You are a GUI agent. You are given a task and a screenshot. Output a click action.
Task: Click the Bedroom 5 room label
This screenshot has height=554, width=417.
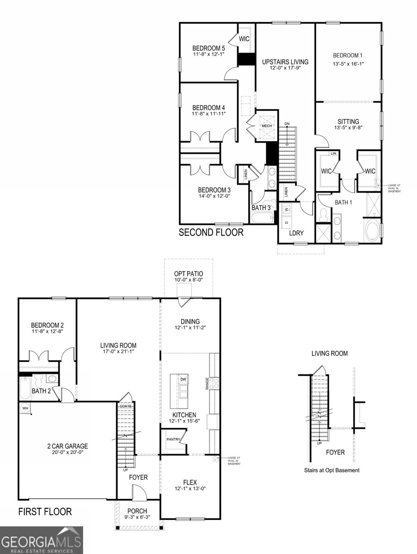coord(208,48)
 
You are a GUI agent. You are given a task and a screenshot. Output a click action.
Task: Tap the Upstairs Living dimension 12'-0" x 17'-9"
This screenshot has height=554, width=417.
coord(285,68)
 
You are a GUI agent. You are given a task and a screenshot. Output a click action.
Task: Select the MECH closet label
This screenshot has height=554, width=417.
coord(267,126)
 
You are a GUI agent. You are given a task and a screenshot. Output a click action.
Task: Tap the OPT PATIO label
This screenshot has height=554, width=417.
coord(188,274)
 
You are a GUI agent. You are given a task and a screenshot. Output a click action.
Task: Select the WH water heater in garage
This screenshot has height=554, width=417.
coord(25,408)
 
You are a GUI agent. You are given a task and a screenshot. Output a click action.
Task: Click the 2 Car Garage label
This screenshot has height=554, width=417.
coord(67,446)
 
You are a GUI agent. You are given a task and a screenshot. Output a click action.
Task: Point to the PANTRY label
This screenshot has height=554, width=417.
coord(173,439)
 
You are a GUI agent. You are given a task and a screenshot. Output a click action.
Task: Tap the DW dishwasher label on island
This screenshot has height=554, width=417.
coord(184,379)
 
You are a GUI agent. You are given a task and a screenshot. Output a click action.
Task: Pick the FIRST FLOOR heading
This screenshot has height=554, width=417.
coord(45,512)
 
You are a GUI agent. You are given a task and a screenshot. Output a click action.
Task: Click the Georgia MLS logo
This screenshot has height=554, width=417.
coord(41,540)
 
